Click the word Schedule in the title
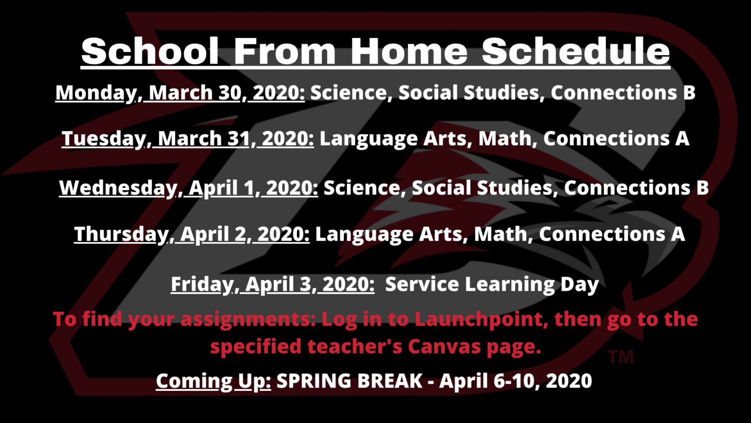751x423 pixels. click(576, 51)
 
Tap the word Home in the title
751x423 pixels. click(409, 51)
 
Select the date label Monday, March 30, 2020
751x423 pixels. click(180, 93)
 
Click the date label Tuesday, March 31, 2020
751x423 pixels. click(188, 139)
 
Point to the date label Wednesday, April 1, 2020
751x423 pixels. click(188, 187)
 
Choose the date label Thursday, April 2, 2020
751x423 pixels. click(192, 234)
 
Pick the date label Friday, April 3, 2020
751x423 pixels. click(272, 284)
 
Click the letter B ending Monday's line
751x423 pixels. click(689, 93)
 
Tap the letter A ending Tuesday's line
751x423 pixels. click(682, 139)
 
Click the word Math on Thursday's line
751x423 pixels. click(500, 234)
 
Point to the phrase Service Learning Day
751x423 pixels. click(492, 285)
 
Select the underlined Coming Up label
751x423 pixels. click(214, 381)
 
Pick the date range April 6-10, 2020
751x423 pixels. click(516, 381)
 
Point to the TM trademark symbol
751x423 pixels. click(621, 357)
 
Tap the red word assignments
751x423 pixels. click(248, 319)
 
